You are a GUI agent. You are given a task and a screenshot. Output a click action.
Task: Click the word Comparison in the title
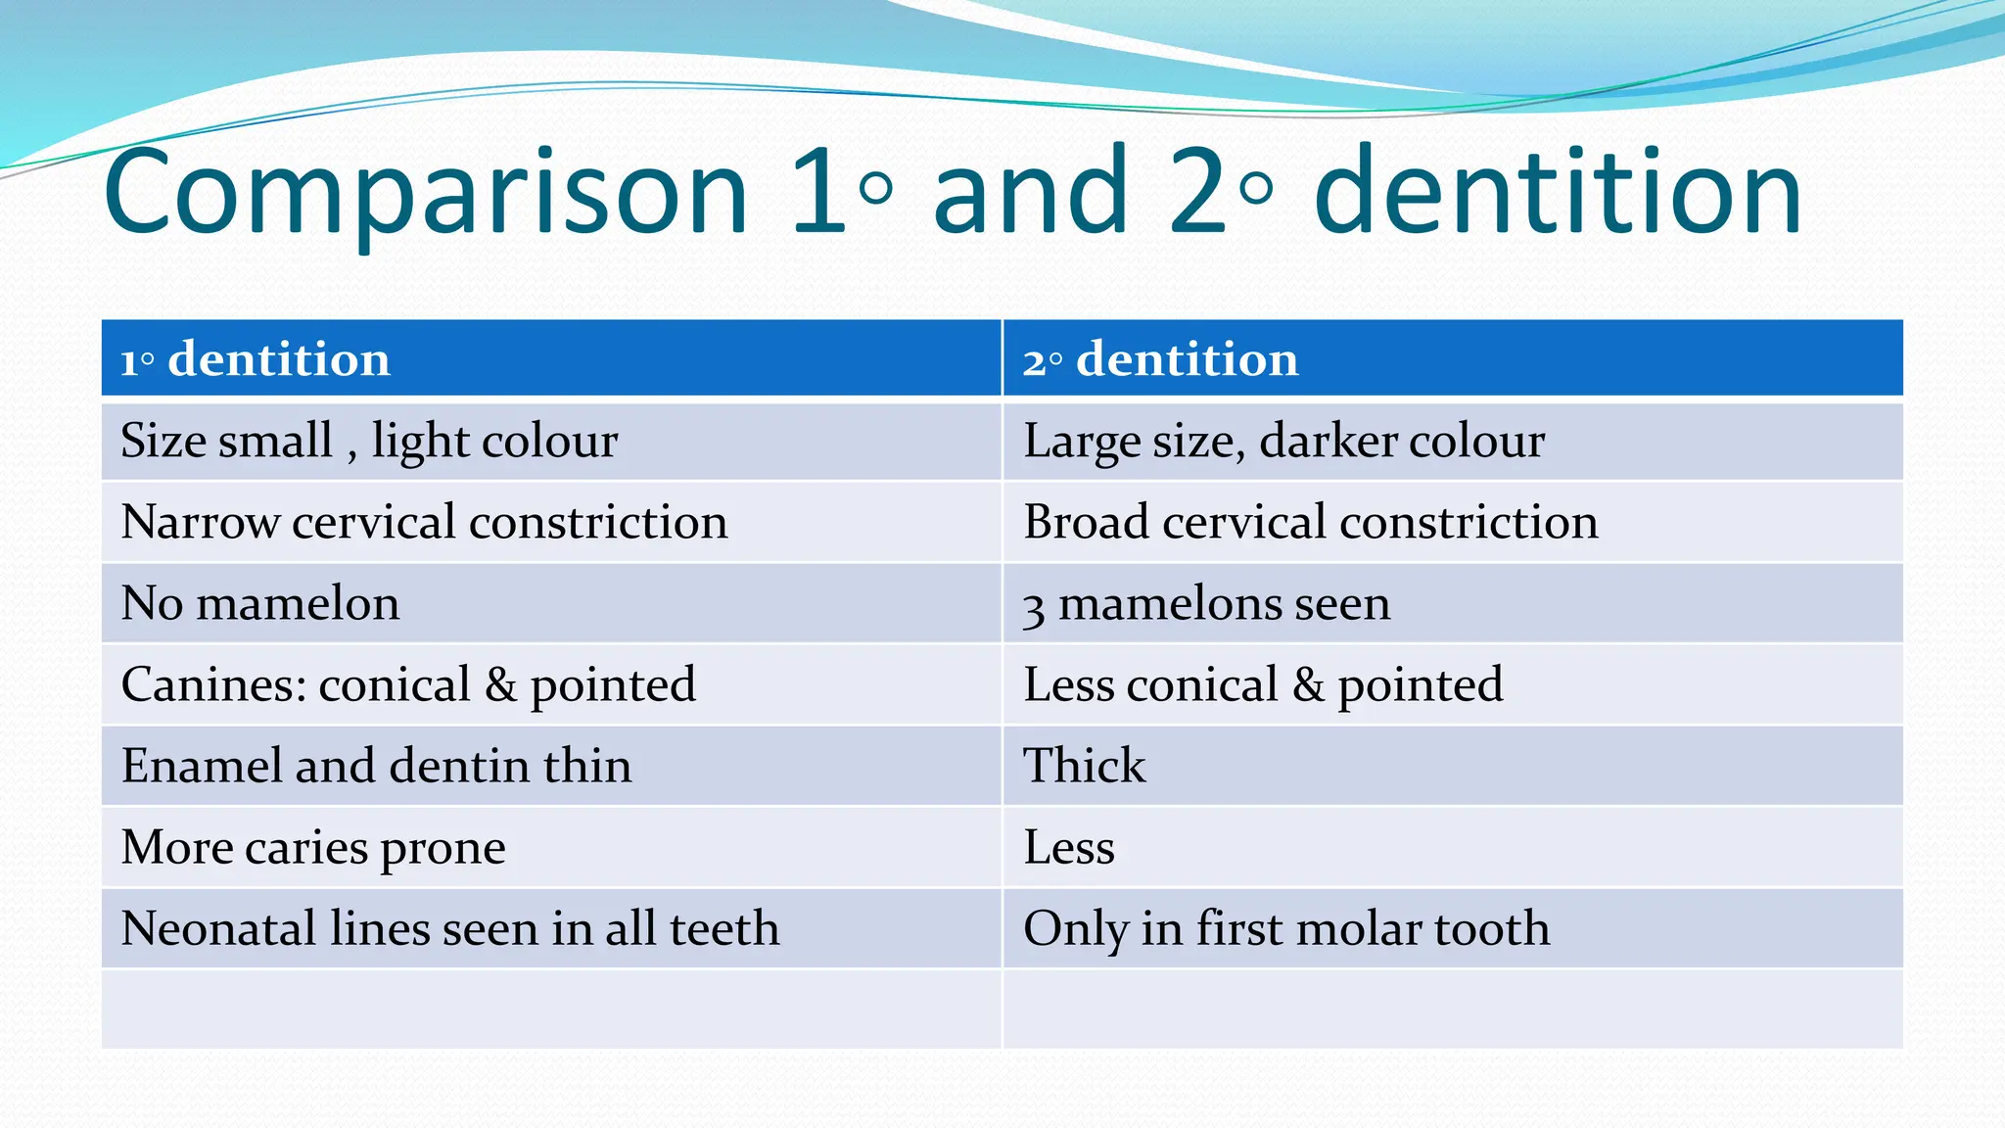pos(426,193)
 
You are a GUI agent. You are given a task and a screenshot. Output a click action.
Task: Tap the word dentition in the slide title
pos(1557,193)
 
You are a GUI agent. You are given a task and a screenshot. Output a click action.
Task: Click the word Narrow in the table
pos(201,522)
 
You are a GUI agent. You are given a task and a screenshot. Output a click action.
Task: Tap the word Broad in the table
pos(1086,522)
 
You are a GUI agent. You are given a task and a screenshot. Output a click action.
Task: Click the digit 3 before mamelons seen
pos(1033,608)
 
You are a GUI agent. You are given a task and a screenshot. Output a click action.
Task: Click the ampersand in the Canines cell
pos(500,685)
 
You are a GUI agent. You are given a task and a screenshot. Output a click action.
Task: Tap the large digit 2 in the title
pos(1197,193)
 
